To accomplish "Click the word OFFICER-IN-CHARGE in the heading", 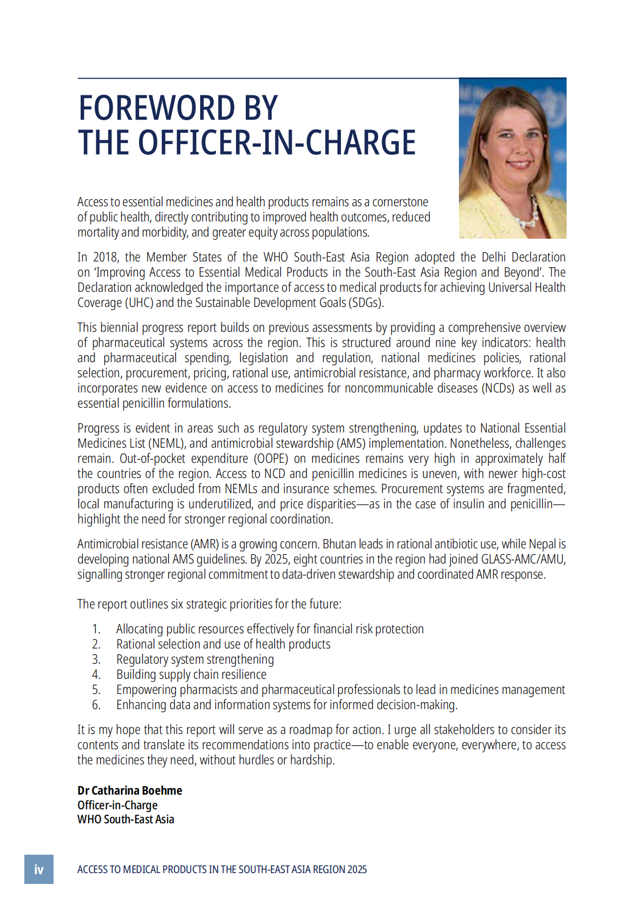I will pyautogui.click(x=277, y=143).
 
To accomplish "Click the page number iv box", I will pyautogui.click(x=39, y=869).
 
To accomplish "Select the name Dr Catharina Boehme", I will pyautogui.click(x=130, y=790).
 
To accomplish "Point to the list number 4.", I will pyautogui.click(x=96, y=674).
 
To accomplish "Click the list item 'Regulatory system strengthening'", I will pyautogui.click(x=195, y=659).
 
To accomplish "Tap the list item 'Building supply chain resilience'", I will pyautogui.click(x=191, y=674).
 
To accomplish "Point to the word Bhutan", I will pyautogui.click(x=339, y=544).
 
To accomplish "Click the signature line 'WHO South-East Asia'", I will pyautogui.click(x=126, y=820).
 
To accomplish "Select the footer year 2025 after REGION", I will pyautogui.click(x=357, y=869).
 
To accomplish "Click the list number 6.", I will pyautogui.click(x=96, y=705).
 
